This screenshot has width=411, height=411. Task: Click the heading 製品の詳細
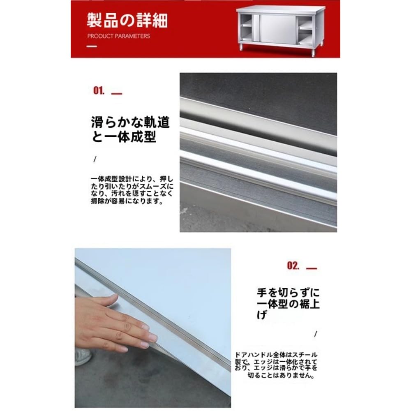[127, 21]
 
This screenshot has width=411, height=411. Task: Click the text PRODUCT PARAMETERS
[119, 36]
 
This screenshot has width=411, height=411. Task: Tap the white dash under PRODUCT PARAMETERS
[92, 46]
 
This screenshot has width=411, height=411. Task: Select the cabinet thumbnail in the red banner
[280, 30]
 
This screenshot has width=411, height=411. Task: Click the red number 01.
[99, 91]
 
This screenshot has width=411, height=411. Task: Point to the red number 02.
[293, 266]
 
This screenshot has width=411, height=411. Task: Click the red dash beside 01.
[117, 94]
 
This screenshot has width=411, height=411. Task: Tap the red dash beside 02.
[312, 268]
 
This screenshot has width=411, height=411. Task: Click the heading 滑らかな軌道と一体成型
[130, 129]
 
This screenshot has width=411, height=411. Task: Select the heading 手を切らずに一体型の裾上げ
[288, 303]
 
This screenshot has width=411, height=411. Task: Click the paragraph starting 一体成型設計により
[132, 190]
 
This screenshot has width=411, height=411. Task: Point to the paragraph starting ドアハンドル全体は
[276, 365]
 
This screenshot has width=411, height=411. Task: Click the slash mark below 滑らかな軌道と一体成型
[95, 159]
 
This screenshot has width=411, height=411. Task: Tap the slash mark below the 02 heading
[316, 334]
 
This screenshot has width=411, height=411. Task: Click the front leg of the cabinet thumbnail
[313, 51]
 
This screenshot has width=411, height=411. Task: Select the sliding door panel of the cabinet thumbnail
[278, 30]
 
